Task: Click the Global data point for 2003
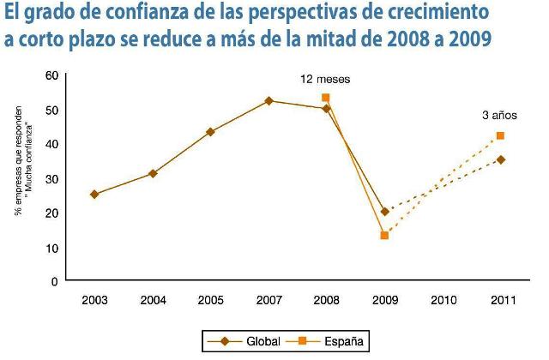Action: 94,195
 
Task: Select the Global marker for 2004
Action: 153,173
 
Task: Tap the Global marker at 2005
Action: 210,132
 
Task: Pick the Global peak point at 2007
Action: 268,101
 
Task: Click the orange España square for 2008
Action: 326,98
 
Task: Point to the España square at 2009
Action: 384,235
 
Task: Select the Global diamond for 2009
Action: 384,211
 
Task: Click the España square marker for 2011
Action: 500,135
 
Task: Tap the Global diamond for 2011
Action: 500,159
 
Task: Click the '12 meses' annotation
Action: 325,80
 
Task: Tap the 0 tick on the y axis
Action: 53,281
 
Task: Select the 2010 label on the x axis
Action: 442,302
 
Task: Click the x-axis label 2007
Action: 268,302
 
